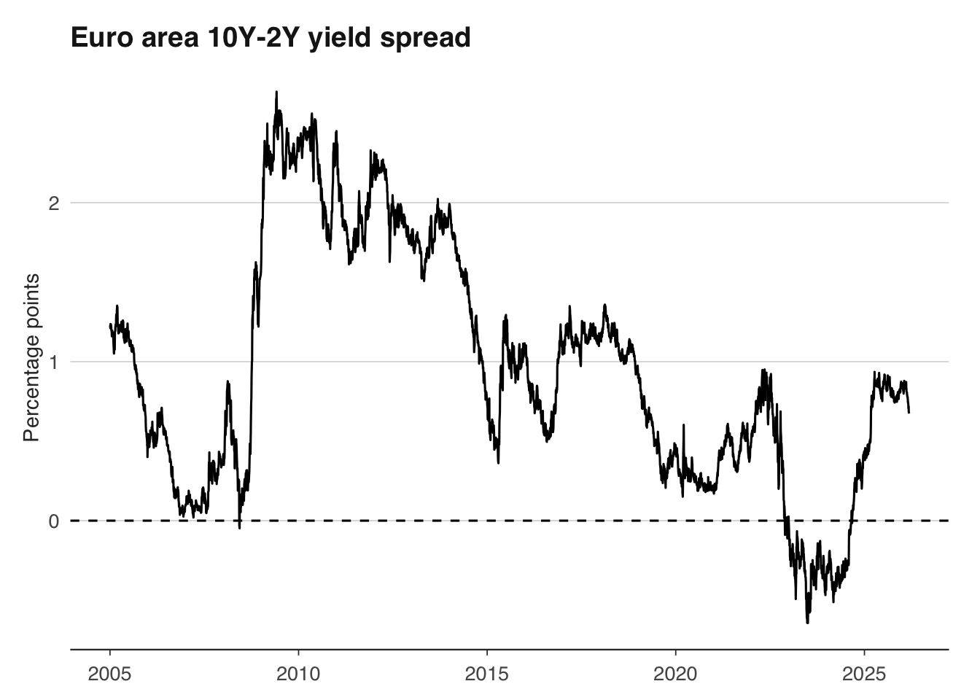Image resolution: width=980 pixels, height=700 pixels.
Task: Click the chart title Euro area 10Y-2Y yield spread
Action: (271, 38)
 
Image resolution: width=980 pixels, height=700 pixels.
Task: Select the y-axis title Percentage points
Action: (32, 358)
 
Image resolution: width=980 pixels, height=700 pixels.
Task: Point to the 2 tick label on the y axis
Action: (53, 203)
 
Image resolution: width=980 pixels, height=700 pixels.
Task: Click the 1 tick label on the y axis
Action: (53, 362)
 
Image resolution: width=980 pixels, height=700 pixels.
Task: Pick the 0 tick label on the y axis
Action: (53, 521)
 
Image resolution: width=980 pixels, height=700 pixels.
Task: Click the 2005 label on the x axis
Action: (109, 673)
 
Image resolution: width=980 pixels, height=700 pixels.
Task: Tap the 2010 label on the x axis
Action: (298, 673)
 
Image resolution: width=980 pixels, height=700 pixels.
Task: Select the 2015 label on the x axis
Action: (486, 673)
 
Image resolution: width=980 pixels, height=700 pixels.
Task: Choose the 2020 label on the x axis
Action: (675, 673)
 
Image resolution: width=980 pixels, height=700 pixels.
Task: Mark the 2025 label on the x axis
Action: (863, 673)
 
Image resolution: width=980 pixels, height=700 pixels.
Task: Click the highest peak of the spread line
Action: (276, 92)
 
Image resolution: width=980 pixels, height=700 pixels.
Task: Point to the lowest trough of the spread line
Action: (807, 623)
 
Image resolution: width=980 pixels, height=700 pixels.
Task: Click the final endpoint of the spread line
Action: (909, 413)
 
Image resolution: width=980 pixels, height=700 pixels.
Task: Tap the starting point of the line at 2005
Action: (110, 324)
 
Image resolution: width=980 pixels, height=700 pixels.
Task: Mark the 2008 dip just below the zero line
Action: (240, 527)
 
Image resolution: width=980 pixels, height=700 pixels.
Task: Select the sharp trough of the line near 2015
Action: (498, 462)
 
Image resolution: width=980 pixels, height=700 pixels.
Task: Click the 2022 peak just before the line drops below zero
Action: (763, 370)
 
